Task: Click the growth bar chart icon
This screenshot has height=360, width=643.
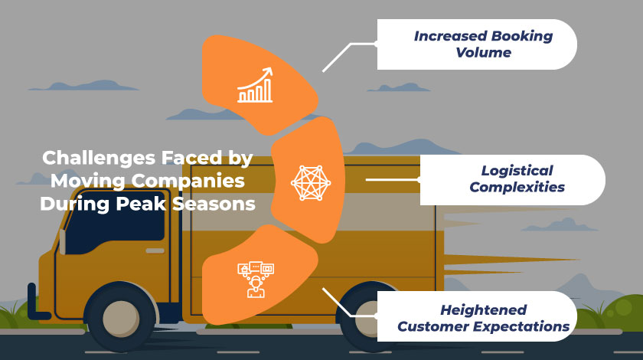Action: coord(256,85)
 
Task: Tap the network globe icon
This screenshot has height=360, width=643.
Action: coord(308,182)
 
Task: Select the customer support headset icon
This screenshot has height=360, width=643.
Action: coord(256,278)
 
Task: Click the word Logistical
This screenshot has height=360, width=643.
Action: coord(517,170)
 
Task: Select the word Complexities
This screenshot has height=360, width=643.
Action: coord(517,188)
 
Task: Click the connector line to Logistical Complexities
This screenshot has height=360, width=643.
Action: coord(393,180)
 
